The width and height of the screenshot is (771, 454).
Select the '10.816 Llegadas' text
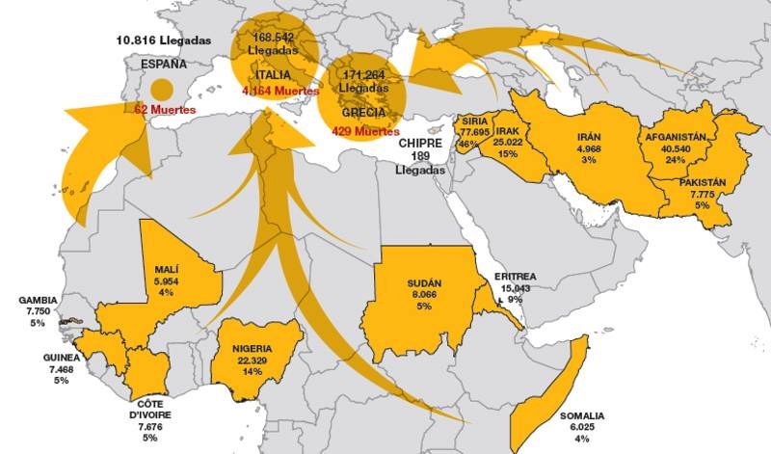[162, 40]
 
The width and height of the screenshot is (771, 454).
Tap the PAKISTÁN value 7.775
[701, 194]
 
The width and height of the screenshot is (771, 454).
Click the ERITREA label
[515, 277]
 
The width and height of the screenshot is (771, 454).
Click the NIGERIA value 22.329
[252, 360]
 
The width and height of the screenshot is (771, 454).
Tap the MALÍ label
[167, 269]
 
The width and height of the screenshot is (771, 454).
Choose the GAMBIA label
[38, 301]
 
